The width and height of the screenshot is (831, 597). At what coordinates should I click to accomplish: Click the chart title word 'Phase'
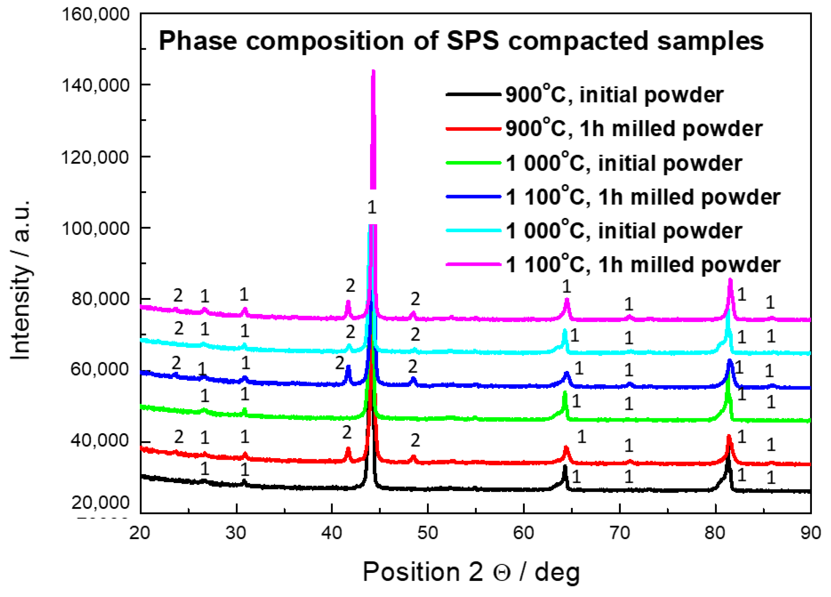coord(198,41)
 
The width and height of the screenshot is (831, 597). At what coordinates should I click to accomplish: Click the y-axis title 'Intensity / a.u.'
coord(21,279)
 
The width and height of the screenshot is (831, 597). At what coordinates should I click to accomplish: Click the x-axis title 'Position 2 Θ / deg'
coord(471,572)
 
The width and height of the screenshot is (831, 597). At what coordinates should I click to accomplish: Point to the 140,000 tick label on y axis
coord(96,85)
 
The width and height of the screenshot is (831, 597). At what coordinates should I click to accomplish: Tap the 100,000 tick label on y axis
coord(96,228)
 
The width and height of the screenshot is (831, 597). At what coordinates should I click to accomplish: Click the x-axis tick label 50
coord(427,532)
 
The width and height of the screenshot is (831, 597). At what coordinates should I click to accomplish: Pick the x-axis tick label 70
coord(619,532)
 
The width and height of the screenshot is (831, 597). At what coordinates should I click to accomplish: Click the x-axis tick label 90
coord(810,532)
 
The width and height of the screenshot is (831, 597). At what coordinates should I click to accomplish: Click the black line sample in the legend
coord(473,94)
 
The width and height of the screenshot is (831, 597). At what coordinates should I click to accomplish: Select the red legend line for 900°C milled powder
coord(473,129)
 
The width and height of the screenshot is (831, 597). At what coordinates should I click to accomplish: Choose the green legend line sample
coord(473,163)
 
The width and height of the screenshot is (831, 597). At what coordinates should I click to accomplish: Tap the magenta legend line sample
coord(473,264)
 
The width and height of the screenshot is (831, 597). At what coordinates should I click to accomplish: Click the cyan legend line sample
coord(473,231)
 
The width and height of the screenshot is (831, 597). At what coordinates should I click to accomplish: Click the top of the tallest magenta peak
coord(373,71)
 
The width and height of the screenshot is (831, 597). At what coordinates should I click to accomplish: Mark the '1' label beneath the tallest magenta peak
coord(372,208)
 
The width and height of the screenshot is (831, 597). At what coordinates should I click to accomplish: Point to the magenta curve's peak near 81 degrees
coord(730,280)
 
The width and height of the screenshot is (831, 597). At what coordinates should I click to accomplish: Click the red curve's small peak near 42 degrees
coord(348,449)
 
